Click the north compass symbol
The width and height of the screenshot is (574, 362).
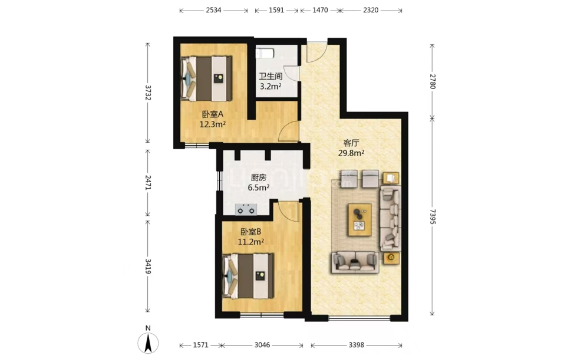[148, 343]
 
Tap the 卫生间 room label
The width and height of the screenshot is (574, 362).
[270, 77]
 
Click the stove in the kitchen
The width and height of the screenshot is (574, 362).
[246, 209]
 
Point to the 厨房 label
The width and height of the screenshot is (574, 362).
[259, 177]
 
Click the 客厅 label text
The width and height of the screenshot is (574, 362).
[351, 143]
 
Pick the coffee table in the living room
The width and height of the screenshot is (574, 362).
[359, 219]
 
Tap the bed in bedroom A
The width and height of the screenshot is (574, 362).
[207, 78]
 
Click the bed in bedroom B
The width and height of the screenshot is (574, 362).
[249, 276]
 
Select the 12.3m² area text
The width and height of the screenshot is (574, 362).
[212, 124]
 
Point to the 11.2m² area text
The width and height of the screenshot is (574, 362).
[251, 242]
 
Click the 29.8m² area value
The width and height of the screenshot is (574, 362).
[351, 153]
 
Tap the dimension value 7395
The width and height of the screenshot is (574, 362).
[433, 216]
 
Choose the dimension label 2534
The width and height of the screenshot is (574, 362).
[213, 10]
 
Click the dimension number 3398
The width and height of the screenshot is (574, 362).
[356, 345]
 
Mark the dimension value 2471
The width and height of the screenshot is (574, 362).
[148, 182]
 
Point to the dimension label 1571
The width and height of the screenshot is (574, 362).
[200, 345]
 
